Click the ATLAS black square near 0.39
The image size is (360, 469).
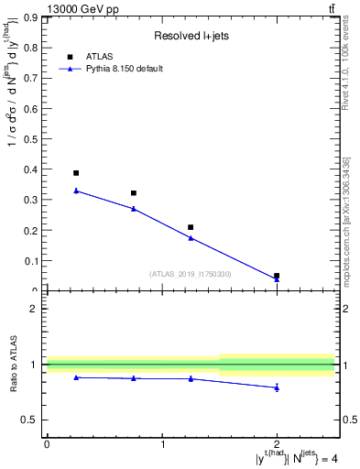click(76, 173)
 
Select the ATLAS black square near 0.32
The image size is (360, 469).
click(134, 193)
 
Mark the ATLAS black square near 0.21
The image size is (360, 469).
click(191, 227)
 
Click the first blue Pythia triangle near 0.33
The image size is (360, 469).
click(76, 191)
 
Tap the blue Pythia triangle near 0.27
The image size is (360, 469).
click(134, 209)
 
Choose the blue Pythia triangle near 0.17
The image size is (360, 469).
click(191, 238)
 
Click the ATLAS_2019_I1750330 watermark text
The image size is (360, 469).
click(190, 274)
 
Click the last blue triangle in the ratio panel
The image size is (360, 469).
click(277, 387)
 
